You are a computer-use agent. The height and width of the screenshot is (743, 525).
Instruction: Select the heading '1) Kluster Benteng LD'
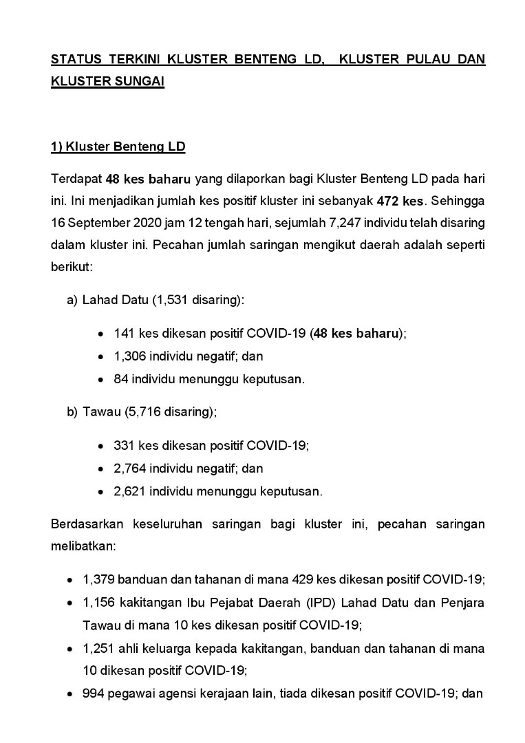tap(118, 147)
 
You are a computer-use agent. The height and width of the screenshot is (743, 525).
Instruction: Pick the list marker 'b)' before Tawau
tap(72, 412)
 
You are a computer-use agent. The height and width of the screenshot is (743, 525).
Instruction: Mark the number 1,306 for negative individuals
tap(129, 356)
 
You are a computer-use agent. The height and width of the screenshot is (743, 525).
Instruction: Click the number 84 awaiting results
tap(121, 379)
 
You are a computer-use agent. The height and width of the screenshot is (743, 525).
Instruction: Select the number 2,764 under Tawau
tap(129, 469)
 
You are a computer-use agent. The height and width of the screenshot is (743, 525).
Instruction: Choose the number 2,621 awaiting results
tap(129, 491)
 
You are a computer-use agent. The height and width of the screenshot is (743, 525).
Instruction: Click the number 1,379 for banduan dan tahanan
tap(96, 580)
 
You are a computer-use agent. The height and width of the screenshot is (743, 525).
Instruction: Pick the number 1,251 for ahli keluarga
tap(96, 648)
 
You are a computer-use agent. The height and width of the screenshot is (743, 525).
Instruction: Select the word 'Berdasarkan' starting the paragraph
tap(86, 524)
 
